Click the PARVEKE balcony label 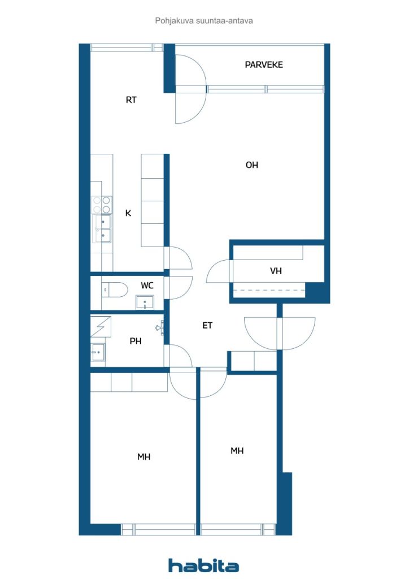[x=264, y=64]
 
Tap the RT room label [x=131, y=100]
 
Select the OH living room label [x=252, y=165]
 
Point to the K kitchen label [x=128, y=213]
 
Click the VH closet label [x=276, y=271]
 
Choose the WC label [x=147, y=286]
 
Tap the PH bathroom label [x=136, y=341]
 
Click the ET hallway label [x=207, y=325]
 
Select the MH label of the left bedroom [x=144, y=457]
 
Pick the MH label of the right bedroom [x=237, y=451]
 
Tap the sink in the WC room [x=145, y=302]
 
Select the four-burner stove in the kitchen [x=102, y=205]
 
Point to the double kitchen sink [x=103, y=229]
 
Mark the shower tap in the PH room [x=160, y=327]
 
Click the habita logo [x=203, y=565]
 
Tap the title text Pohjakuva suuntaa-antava [x=204, y=21]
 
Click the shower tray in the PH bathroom [x=101, y=327]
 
